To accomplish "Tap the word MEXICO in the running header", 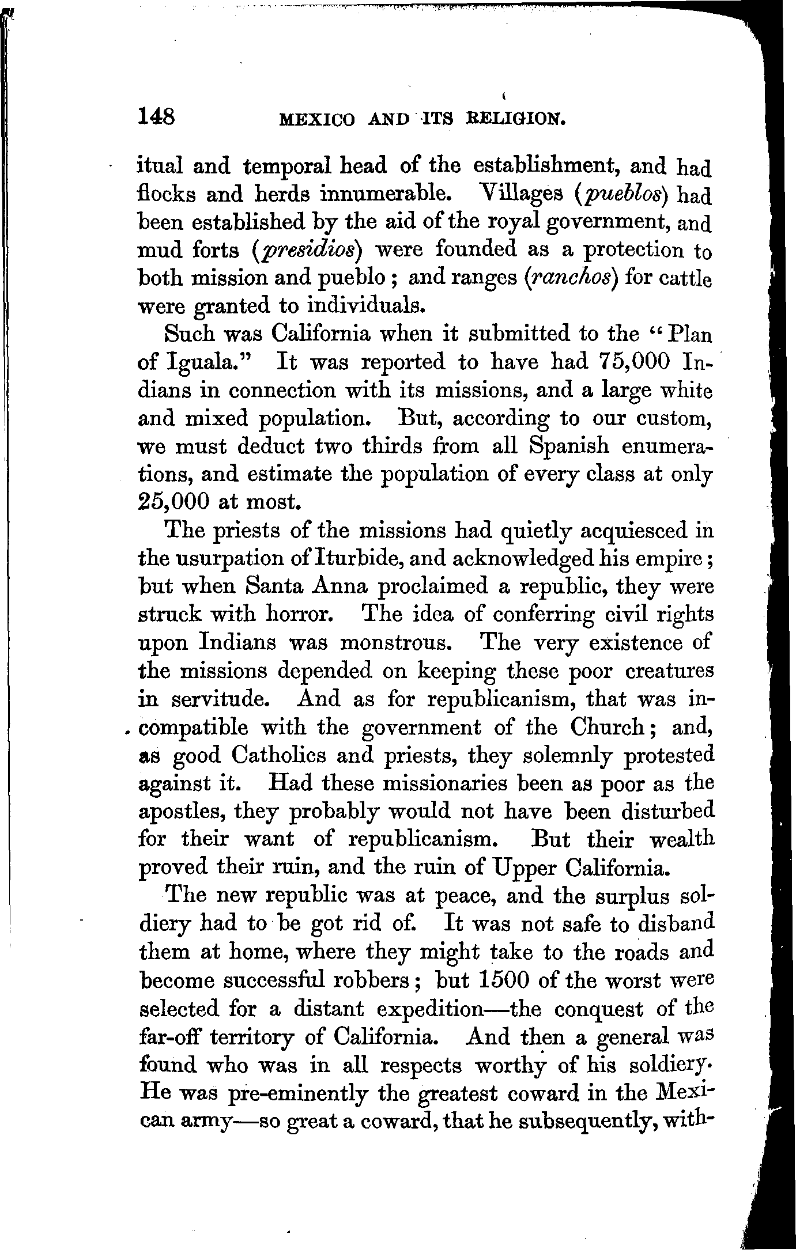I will [316, 119].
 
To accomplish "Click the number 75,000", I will [628, 362].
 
